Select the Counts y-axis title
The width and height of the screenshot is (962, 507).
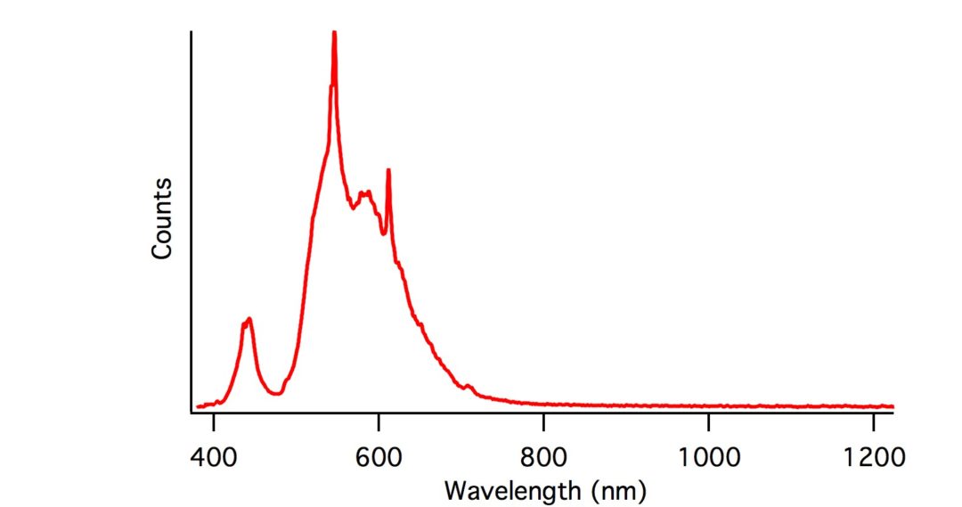pyautogui.click(x=161, y=218)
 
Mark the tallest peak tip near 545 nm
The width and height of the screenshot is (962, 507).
pyautogui.click(x=334, y=32)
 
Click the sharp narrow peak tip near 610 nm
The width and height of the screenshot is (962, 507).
pyautogui.click(x=388, y=169)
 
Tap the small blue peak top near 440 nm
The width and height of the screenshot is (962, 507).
pyautogui.click(x=249, y=319)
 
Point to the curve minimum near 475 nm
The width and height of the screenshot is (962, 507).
pyautogui.click(x=275, y=394)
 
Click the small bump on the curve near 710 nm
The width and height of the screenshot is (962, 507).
pyautogui.click(x=469, y=386)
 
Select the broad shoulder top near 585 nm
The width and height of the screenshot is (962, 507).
pyautogui.click(x=364, y=192)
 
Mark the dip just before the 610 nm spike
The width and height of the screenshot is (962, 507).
pyautogui.click(x=383, y=233)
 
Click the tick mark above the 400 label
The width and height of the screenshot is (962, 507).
pyautogui.click(x=214, y=417)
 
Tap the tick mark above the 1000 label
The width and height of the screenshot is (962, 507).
pyautogui.click(x=708, y=417)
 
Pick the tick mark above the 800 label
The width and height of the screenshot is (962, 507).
pyautogui.click(x=543, y=417)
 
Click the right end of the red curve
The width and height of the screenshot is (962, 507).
pyautogui.click(x=892, y=405)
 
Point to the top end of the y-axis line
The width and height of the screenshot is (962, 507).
pyautogui.click(x=192, y=33)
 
